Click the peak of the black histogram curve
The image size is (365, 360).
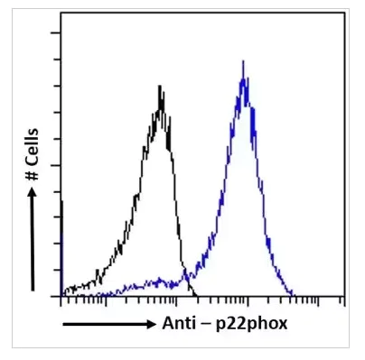pos(160,87)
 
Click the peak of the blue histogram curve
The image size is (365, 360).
pos(243,62)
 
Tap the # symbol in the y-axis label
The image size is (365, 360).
pos(33,193)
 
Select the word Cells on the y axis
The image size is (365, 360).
pos(33,163)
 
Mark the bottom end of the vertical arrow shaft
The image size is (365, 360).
pos(33,291)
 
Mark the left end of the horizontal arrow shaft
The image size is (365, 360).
pos(62,323)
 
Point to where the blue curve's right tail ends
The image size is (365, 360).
pos(294,294)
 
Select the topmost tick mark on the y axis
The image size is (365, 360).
pos(56,32)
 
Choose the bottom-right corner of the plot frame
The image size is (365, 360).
pos(348,296)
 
